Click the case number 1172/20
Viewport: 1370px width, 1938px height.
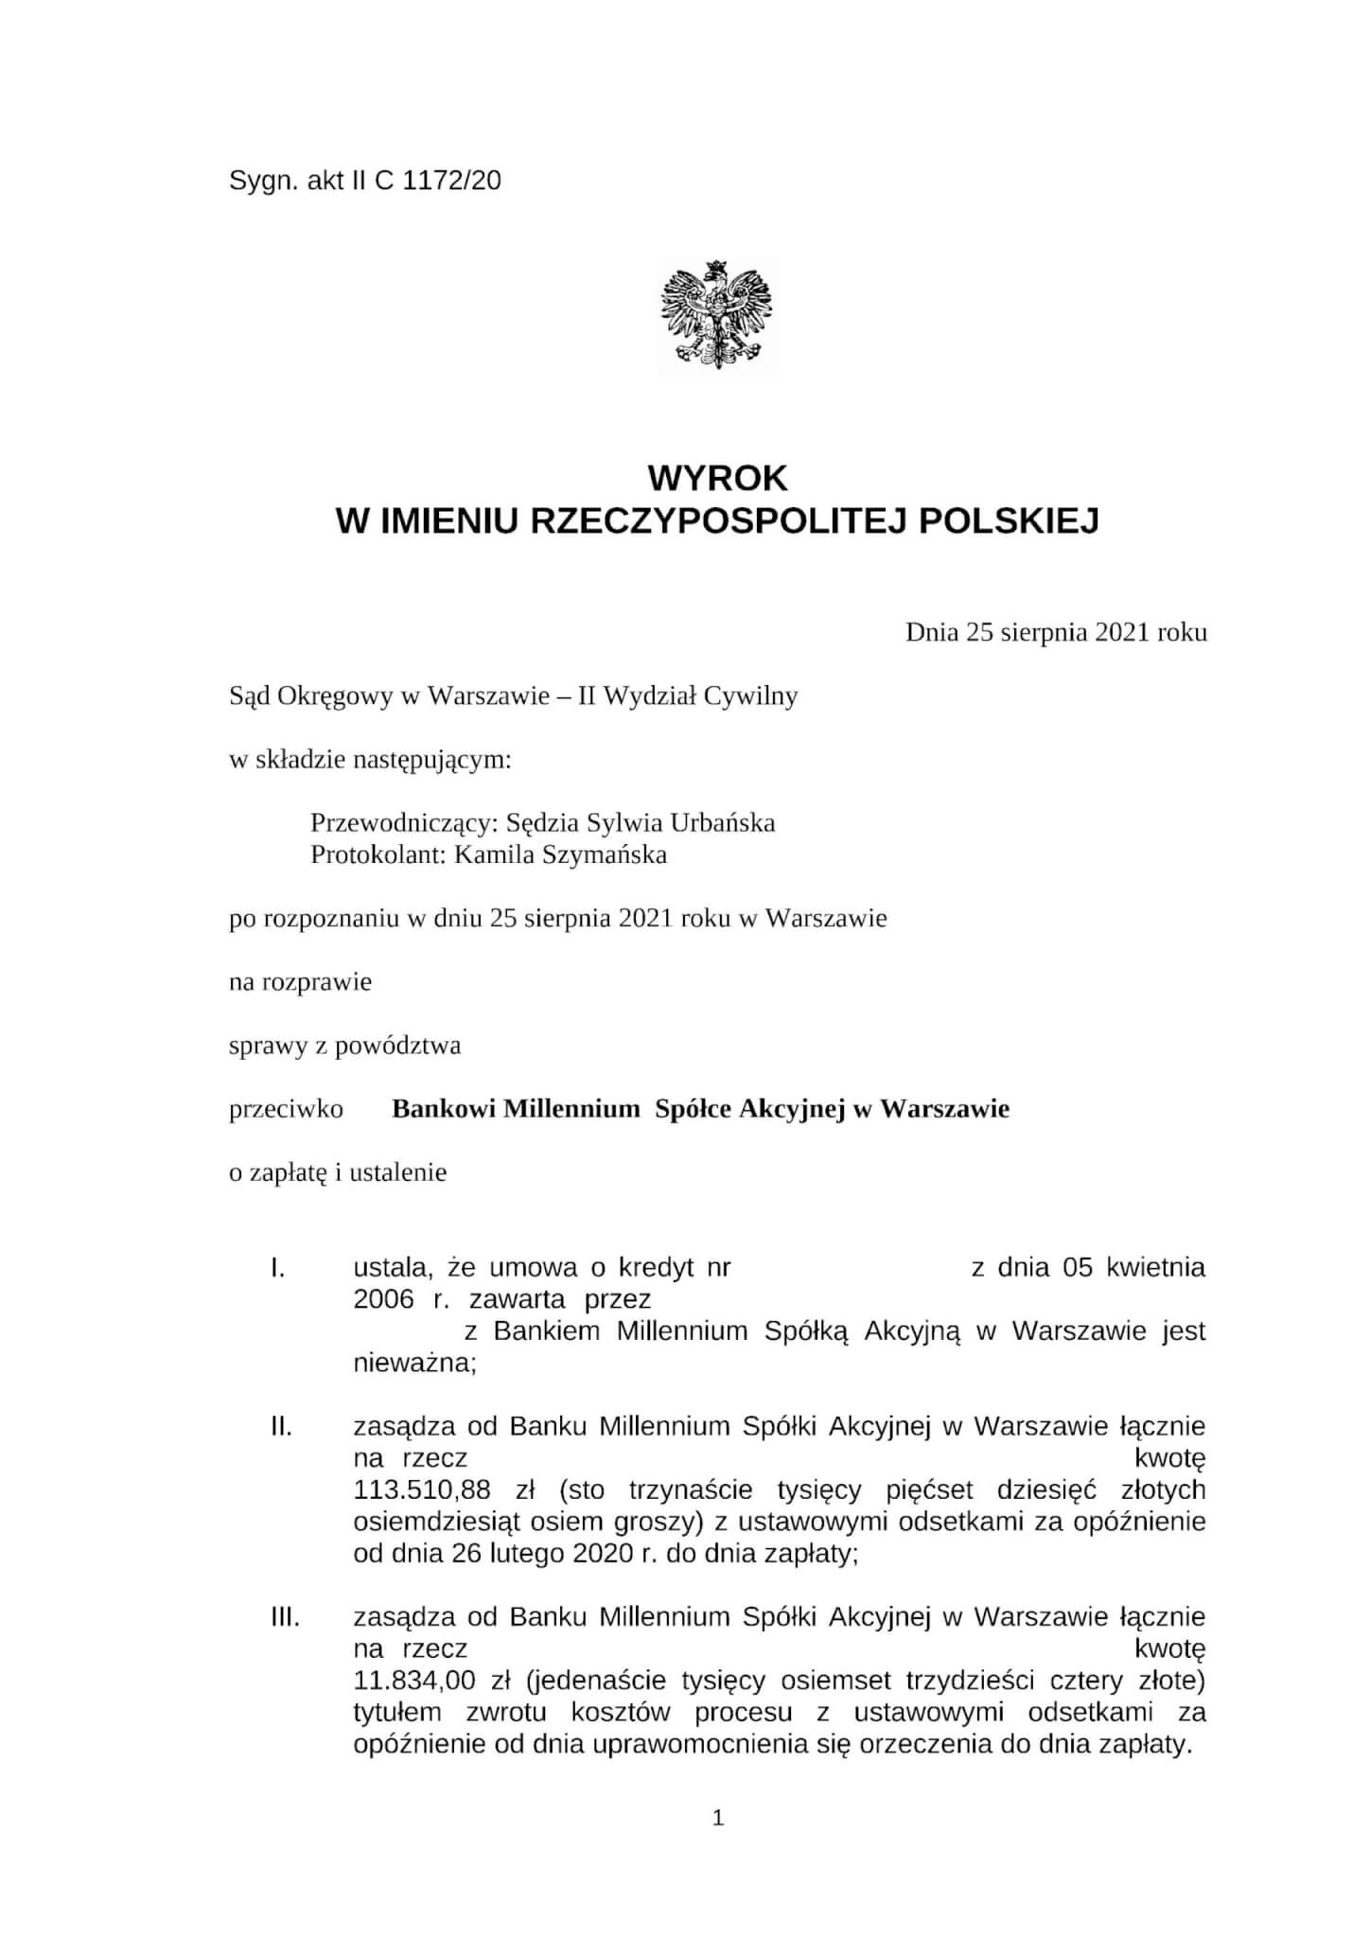451,181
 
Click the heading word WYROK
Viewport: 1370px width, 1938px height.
717,479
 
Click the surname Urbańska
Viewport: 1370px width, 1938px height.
723,822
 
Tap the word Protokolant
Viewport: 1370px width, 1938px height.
372,854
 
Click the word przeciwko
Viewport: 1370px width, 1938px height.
286,1108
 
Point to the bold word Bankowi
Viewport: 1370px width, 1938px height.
444,1108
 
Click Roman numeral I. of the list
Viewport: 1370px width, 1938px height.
278,1267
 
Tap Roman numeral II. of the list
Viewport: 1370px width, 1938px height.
281,1426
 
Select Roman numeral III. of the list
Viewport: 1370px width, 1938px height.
285,1617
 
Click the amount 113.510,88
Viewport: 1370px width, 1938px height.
422,1490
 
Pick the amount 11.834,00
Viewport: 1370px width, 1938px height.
413,1682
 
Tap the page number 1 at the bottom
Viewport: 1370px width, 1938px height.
718,1818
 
